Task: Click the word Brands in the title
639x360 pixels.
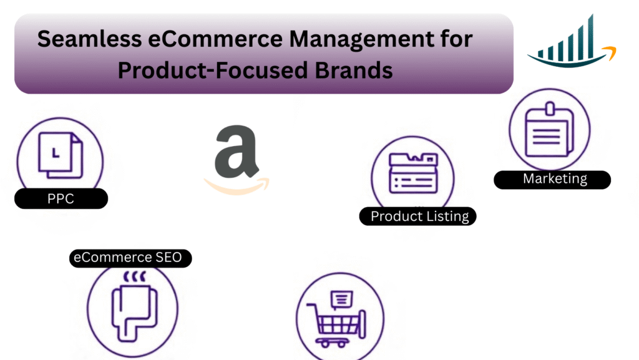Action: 353,70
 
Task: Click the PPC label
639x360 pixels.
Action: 61,199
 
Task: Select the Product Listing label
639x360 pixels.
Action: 419,216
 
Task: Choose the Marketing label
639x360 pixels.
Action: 554,179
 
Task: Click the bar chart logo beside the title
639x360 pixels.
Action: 570,43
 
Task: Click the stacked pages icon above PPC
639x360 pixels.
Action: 60,153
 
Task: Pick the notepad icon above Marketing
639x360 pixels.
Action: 549,129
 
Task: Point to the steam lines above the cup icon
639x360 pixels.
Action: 131,276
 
